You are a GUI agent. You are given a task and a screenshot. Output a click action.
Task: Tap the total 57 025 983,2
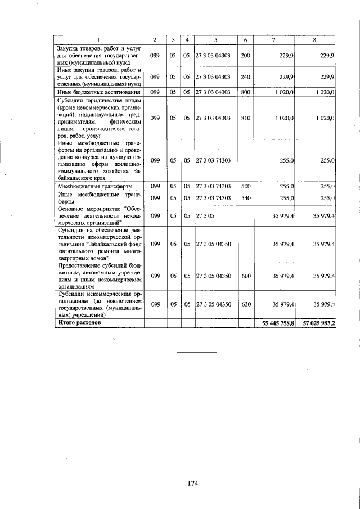click(319, 324)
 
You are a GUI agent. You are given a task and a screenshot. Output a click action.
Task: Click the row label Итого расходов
click(79, 323)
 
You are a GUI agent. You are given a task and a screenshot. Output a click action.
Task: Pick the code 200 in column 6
click(245, 56)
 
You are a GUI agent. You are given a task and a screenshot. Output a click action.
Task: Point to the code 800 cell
click(245, 92)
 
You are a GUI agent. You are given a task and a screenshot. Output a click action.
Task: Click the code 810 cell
click(245, 118)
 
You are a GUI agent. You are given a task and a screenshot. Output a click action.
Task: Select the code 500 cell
click(245, 186)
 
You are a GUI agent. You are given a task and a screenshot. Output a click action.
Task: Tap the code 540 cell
click(245, 198)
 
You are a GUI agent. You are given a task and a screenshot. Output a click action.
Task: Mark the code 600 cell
click(245, 276)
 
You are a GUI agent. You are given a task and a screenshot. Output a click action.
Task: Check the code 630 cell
click(245, 304)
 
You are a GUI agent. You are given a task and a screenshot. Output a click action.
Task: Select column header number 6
click(245, 39)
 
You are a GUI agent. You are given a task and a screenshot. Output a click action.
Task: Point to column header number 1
click(99, 39)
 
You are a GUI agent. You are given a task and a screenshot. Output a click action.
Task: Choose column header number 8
click(316, 39)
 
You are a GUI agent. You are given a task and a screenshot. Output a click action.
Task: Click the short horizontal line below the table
click(197, 352)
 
